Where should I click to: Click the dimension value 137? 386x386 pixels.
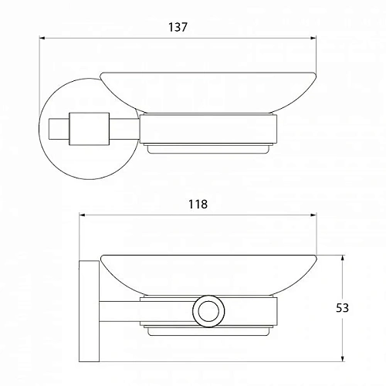point(178,27)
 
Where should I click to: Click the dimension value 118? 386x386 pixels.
point(198,205)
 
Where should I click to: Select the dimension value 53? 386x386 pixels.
point(342,308)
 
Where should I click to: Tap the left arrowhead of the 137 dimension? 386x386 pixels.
point(42,38)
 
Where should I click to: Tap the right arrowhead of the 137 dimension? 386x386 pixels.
point(313,38)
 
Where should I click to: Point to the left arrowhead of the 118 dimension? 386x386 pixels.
point(82,215)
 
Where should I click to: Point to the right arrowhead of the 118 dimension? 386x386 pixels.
point(313,215)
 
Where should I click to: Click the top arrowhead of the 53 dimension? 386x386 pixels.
point(342,258)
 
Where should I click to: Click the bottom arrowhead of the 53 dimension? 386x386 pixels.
point(342,359)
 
